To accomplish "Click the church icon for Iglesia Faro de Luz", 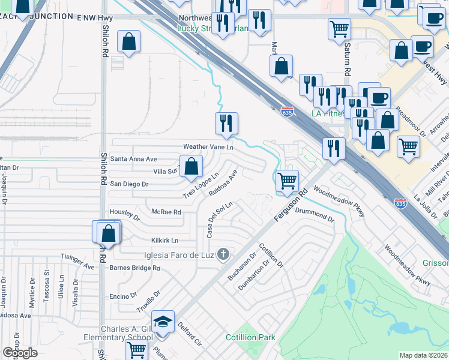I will [223, 254].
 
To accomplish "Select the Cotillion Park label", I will [250, 337].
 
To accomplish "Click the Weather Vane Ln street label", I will [208, 147].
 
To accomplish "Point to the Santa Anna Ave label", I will [134, 159].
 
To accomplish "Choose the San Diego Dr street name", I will [128, 184].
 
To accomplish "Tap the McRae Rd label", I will [166, 212].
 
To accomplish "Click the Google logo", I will [20, 353].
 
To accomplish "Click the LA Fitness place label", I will [328, 113].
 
